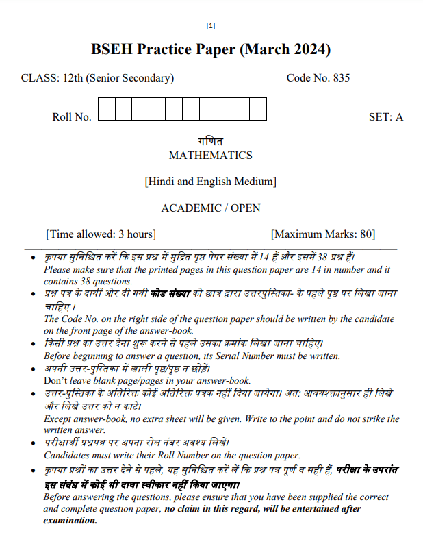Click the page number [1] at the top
click(x=211, y=26)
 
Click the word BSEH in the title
click(x=112, y=50)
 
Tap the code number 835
click(x=341, y=78)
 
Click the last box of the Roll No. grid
click(x=257, y=110)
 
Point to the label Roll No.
click(x=71, y=117)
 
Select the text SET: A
click(x=385, y=117)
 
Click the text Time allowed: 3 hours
click(x=101, y=234)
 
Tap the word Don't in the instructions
click(x=55, y=380)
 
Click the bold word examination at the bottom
click(x=70, y=520)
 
